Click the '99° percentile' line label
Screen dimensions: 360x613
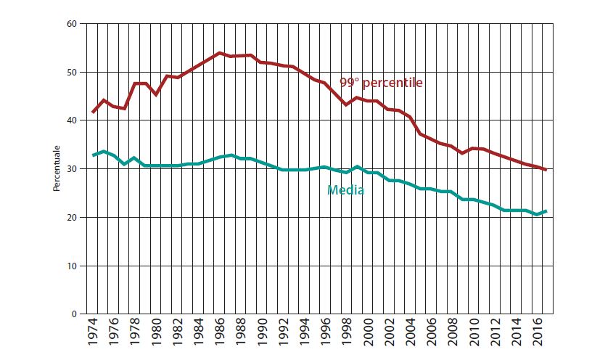tap(381, 83)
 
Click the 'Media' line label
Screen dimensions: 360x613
tap(345, 191)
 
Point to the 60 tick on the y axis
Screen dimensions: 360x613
tap(73, 24)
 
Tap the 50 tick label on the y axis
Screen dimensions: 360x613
tap(73, 73)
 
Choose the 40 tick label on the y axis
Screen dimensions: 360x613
tap(73, 120)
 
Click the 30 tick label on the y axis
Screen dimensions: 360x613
tap(73, 169)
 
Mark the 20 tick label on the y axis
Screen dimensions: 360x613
tap(73, 218)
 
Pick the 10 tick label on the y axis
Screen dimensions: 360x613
tap(73, 266)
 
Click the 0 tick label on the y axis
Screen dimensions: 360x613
tap(75, 314)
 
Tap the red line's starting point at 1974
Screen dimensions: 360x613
tap(94, 112)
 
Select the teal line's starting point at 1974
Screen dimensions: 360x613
tap(94, 155)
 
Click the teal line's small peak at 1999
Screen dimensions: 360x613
tap(357, 167)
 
